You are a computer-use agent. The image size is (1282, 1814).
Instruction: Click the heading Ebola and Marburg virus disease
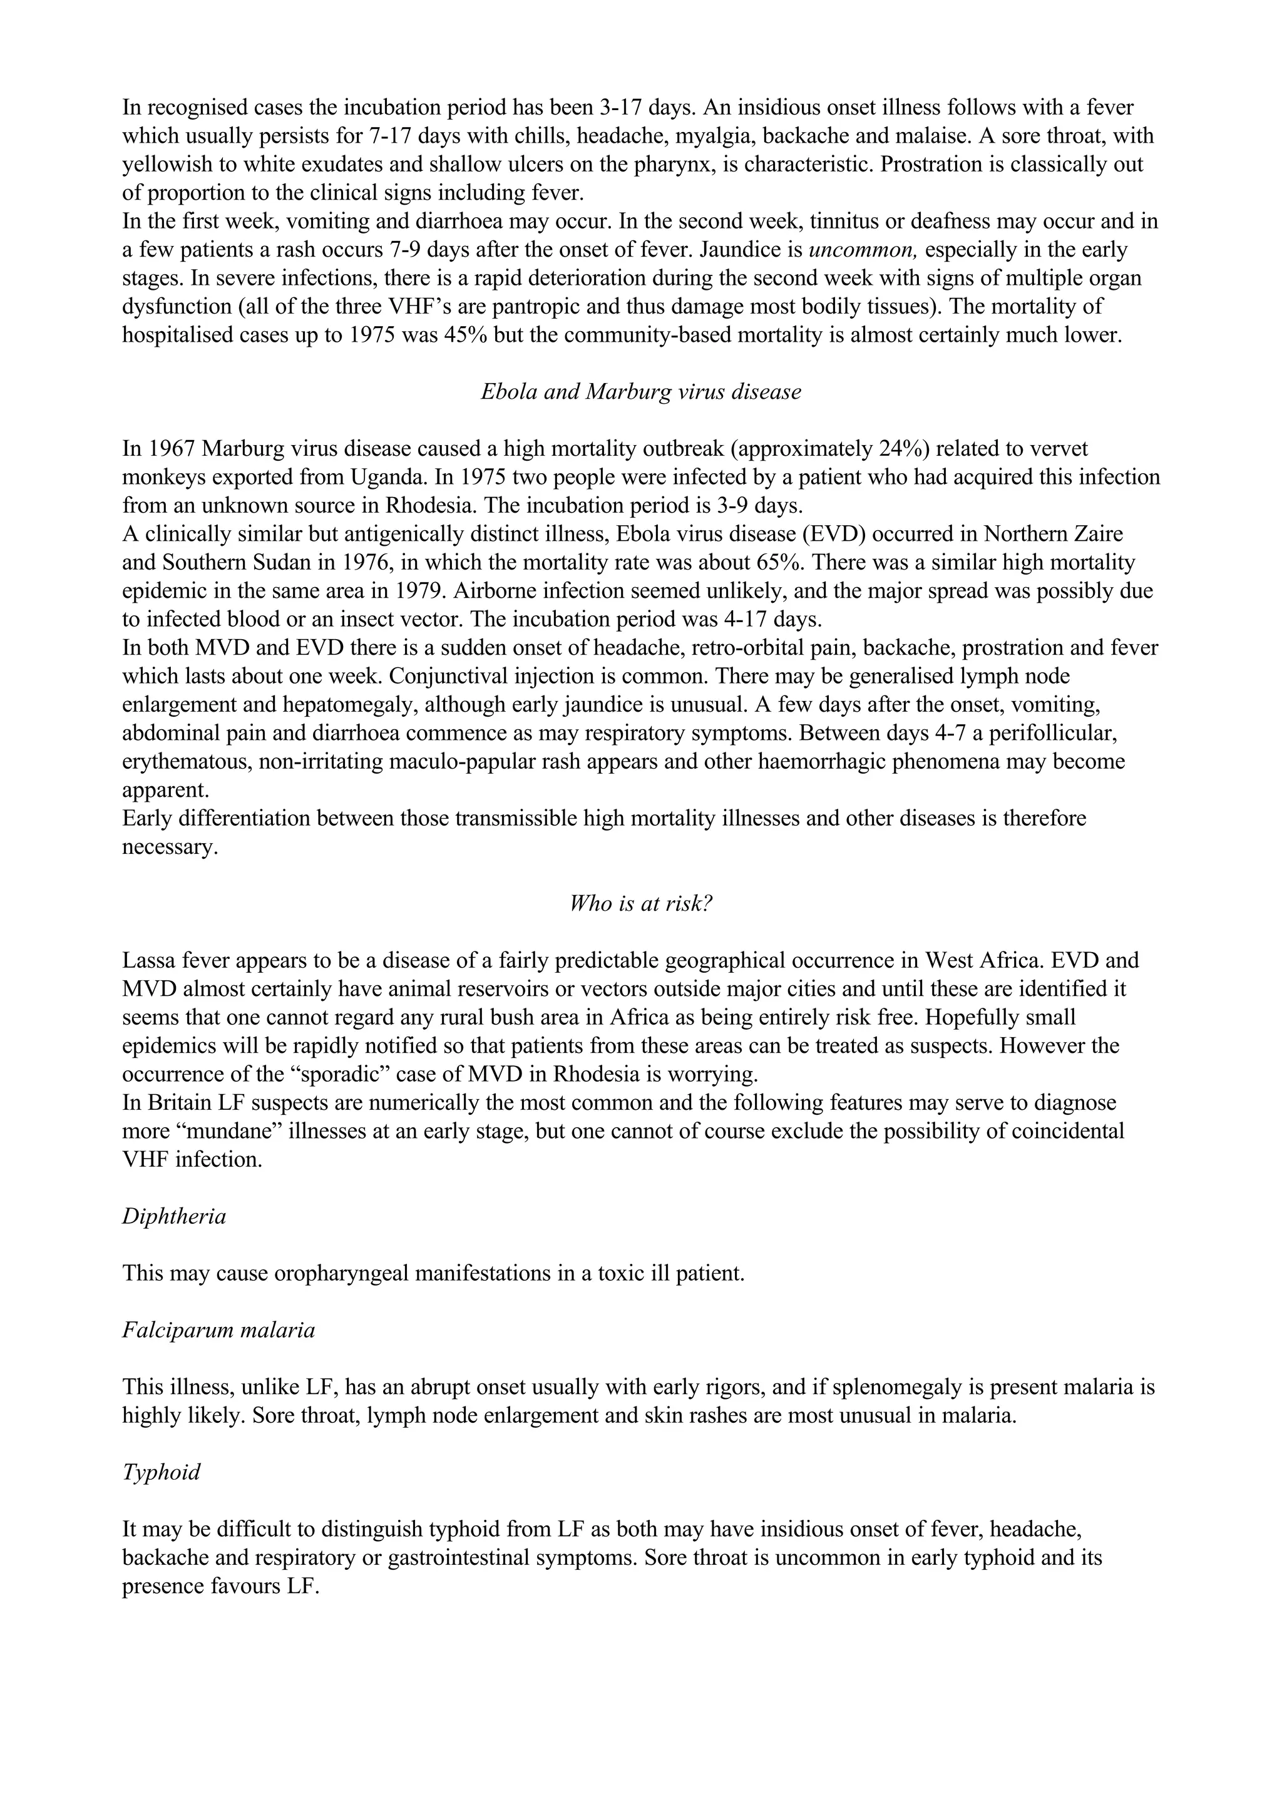tap(640, 392)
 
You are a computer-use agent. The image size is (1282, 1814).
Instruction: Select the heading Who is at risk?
tap(640, 904)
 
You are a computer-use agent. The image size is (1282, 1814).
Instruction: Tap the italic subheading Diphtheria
tap(174, 1217)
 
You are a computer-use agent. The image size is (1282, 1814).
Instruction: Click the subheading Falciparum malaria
tap(218, 1331)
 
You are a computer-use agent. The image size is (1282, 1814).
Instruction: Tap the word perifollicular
tap(1055, 733)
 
